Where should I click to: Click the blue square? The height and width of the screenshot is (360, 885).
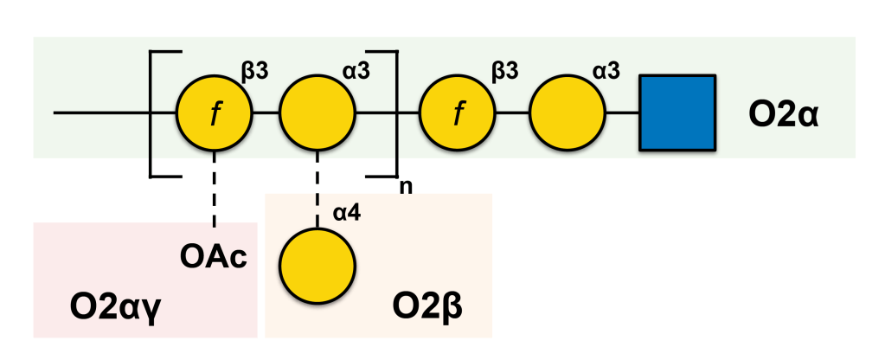point(677,112)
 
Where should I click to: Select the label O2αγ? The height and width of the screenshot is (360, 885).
point(115,306)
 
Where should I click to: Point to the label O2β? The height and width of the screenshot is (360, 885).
point(428,306)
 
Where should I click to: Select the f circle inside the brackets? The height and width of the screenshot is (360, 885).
point(214,112)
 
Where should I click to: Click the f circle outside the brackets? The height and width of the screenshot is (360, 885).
point(457,112)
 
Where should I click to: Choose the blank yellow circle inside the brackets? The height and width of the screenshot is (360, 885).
point(317,112)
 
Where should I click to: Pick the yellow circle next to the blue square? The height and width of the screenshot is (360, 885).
point(568,112)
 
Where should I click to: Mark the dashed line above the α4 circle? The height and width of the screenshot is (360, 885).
point(317,190)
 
